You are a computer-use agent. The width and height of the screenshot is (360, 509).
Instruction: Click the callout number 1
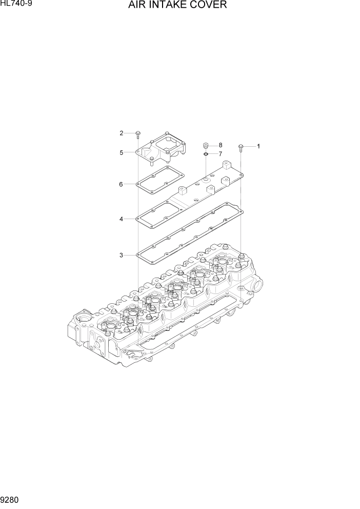pos(258,146)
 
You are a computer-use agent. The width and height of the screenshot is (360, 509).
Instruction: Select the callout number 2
pos(122,133)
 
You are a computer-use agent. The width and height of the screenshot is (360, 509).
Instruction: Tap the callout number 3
pos(121,255)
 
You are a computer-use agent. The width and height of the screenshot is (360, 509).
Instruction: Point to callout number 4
pos(121,219)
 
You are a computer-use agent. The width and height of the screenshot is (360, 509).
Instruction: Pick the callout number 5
pos(122,152)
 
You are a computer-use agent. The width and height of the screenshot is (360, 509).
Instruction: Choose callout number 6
pos(121,184)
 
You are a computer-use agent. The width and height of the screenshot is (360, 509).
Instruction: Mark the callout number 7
pos(220,154)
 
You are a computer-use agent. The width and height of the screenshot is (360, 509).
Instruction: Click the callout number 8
pos(220,145)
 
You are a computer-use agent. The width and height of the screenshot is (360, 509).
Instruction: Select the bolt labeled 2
pos(137,134)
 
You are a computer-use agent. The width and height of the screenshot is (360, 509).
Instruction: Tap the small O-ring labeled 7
pos(205,153)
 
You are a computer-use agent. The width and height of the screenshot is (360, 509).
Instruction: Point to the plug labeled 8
pos(205,145)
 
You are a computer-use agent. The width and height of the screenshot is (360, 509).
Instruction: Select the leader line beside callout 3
pos(130,255)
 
